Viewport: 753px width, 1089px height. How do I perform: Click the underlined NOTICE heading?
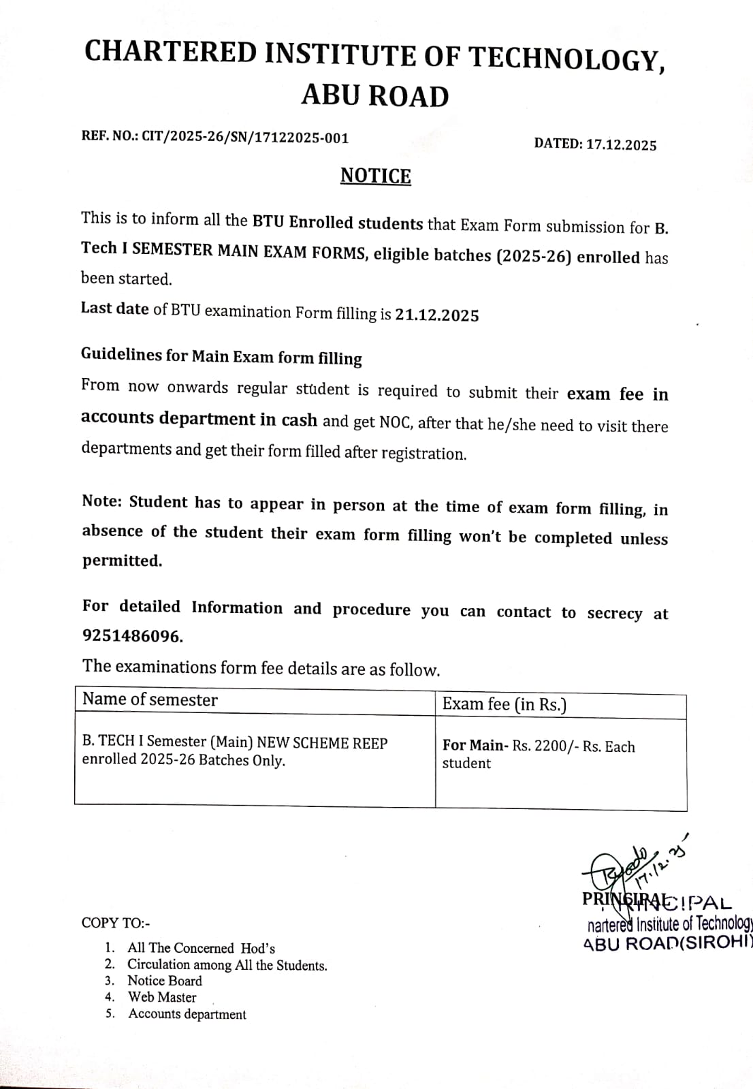pos(376,176)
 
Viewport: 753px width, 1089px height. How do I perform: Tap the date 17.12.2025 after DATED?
pos(621,144)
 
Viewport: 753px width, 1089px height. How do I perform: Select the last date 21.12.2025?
pos(437,315)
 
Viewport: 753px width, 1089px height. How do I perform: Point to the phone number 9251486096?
pos(132,636)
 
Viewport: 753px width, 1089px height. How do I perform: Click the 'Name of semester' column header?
pos(150,699)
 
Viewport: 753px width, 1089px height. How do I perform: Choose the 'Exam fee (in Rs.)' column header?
pos(504,704)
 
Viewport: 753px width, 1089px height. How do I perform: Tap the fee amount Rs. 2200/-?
pos(545,746)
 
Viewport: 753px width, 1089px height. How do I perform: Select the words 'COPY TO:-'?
pos(116,923)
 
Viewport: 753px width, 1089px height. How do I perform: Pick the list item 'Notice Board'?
pos(165,981)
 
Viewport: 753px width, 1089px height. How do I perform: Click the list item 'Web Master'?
pos(162,997)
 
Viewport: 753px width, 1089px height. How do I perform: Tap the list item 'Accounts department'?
pos(187,1014)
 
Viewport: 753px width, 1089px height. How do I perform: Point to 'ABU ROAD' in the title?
pos(375,96)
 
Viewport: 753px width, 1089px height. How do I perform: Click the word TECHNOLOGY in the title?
pos(567,58)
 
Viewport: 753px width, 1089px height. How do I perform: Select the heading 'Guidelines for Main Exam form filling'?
pos(221,356)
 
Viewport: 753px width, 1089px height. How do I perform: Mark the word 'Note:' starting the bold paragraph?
pos(101,501)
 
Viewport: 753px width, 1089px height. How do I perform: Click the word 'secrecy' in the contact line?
pos(614,613)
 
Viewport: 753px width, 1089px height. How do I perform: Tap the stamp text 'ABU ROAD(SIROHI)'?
pos(667,944)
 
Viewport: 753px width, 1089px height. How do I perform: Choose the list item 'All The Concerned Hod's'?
pos(201,948)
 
